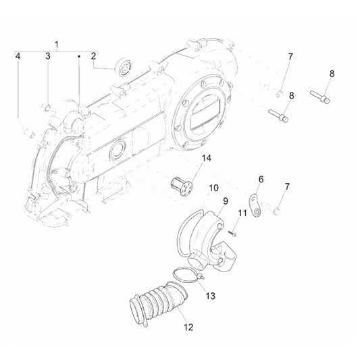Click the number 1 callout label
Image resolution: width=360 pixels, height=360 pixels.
click(x=57, y=44)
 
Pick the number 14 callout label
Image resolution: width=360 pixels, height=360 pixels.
click(x=187, y=157)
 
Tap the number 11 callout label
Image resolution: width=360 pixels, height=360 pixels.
click(x=239, y=213)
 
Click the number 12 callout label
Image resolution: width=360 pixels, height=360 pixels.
click(x=188, y=328)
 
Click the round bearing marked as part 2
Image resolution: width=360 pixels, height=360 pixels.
click(x=123, y=66)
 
